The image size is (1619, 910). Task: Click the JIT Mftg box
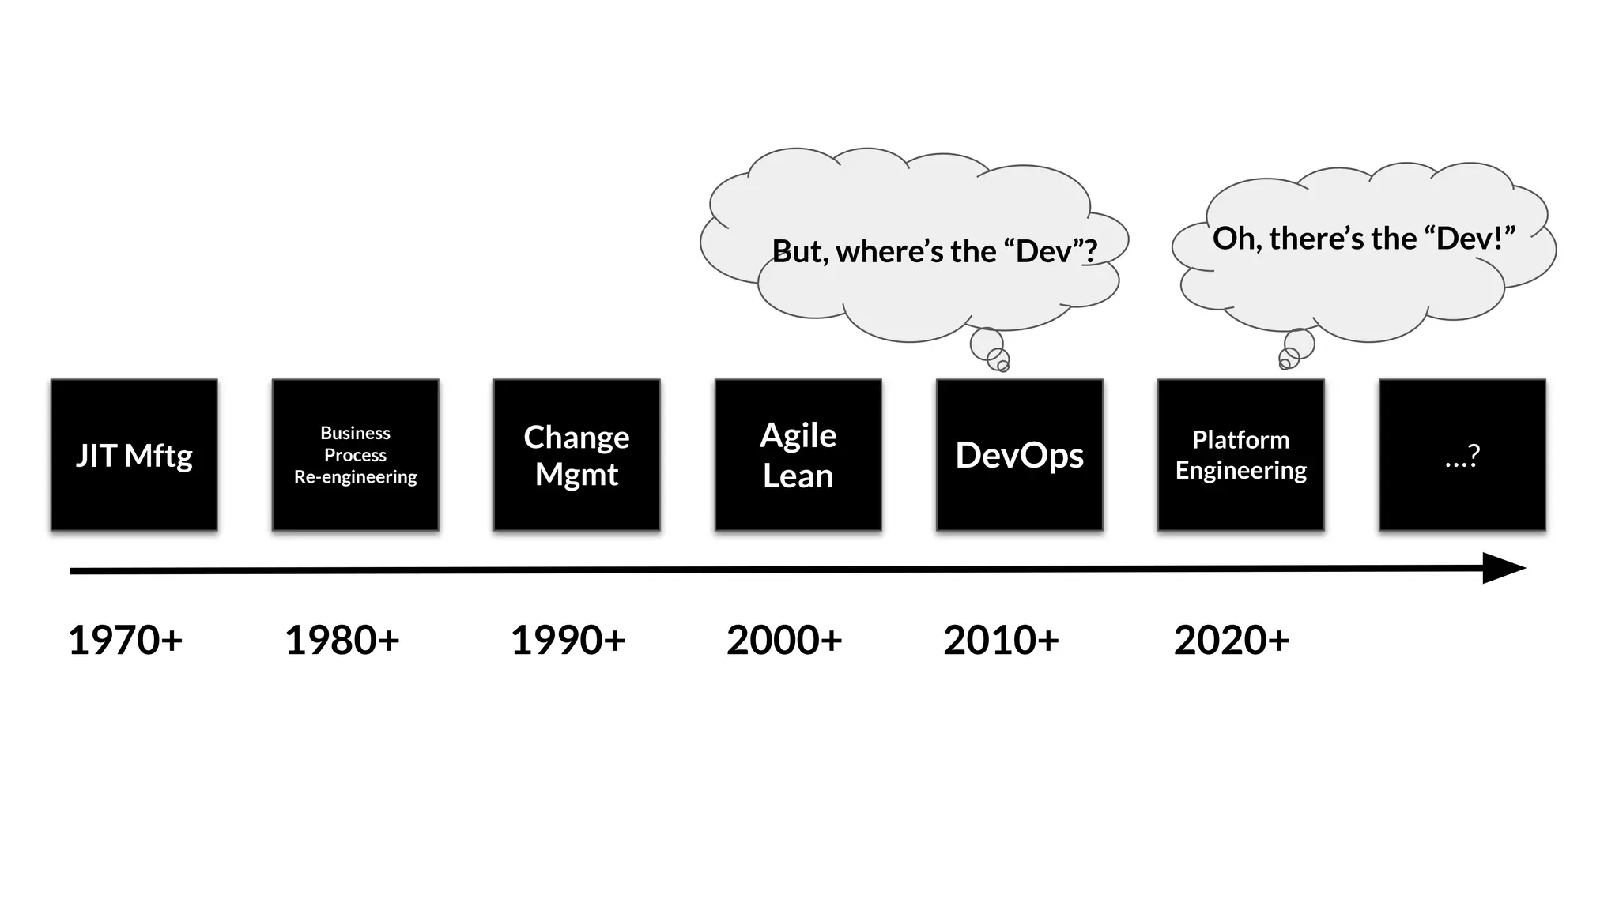[x=134, y=454]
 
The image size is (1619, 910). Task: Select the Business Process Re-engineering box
[x=355, y=454]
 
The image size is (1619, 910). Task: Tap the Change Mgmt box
[x=576, y=454]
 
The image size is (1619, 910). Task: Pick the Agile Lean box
[x=798, y=454]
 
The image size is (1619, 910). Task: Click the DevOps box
[x=1019, y=454]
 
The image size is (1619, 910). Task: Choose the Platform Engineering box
[x=1240, y=454]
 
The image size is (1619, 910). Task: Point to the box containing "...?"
[x=1462, y=454]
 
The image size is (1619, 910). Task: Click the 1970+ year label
[x=125, y=640]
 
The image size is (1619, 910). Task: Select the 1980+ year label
[x=342, y=640]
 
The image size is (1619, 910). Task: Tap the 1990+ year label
[x=568, y=640]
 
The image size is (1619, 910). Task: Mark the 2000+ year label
[x=784, y=640]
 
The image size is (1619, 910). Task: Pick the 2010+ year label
[x=1001, y=640]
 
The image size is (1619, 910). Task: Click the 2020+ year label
[x=1232, y=640]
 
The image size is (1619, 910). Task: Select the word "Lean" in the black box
[x=798, y=476]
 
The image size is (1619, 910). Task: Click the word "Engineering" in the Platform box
[x=1240, y=471]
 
